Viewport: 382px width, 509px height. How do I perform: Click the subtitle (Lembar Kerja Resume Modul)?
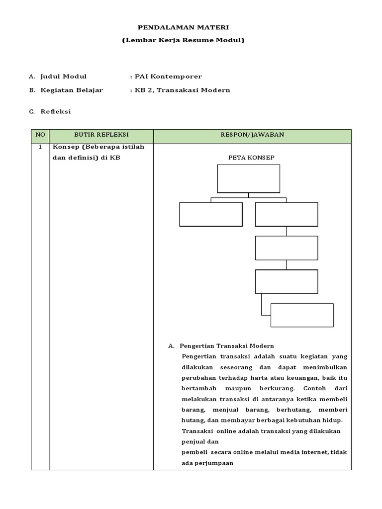184,40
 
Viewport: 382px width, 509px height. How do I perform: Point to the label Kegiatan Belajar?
73,90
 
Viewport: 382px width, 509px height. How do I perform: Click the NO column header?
40,135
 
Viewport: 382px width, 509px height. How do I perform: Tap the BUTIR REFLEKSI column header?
101,135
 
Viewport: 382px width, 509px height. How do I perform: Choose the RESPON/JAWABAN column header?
252,135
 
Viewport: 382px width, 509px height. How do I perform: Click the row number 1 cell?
40,148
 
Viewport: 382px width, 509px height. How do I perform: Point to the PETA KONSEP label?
251,158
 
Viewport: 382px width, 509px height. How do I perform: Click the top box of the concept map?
249,178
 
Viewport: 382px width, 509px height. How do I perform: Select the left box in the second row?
210,214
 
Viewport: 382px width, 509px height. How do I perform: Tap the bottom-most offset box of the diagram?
302,315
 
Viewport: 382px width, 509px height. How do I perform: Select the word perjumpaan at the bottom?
211,463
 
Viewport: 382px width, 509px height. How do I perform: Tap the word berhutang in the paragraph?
286,410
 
